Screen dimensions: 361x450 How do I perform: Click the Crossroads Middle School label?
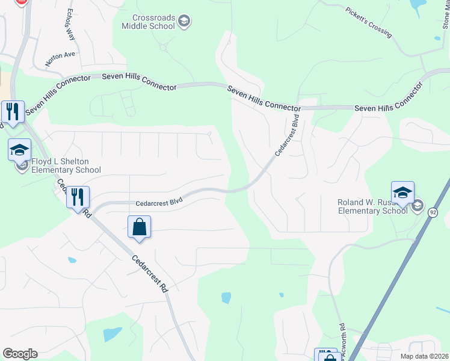(147, 22)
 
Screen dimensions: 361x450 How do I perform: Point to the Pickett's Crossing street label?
(369, 21)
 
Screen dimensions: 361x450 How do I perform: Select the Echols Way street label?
(71, 24)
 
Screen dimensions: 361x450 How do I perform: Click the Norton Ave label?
(60, 58)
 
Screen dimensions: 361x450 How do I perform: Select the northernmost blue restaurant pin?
(13, 112)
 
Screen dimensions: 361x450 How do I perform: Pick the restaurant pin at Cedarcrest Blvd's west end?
(78, 197)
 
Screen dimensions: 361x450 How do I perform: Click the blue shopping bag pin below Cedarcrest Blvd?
(139, 227)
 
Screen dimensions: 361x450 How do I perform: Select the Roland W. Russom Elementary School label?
(372, 206)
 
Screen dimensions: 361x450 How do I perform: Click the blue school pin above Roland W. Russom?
(402, 193)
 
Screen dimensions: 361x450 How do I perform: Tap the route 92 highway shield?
(433, 212)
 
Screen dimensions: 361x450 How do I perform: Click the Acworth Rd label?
(342, 343)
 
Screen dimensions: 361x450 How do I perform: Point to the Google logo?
(20, 354)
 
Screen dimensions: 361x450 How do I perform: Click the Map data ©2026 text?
(424, 356)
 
